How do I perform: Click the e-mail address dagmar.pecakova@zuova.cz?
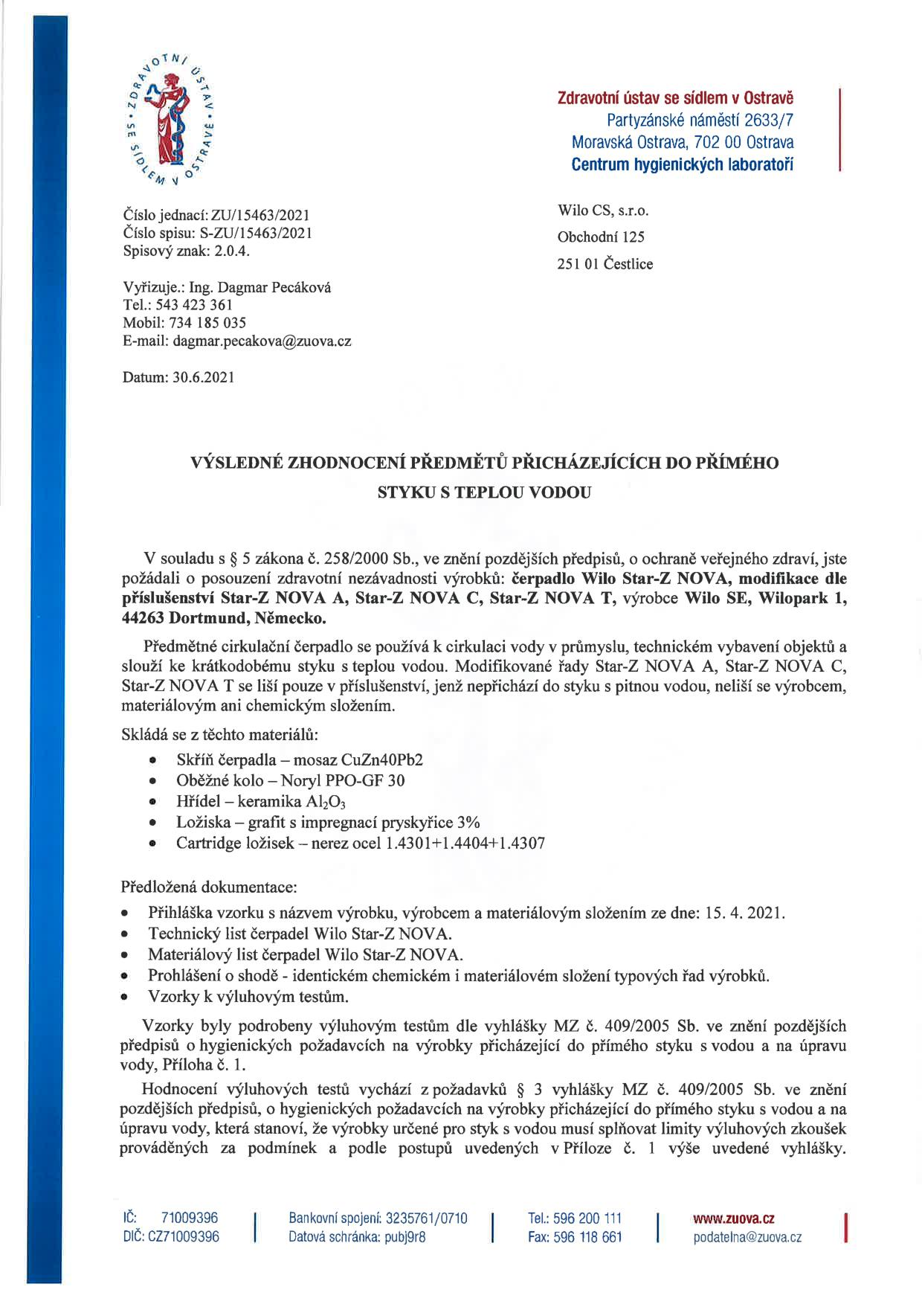click(x=262, y=341)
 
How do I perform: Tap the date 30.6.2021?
click(x=203, y=377)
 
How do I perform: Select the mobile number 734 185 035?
click(x=207, y=323)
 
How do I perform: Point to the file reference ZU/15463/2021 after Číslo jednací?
click(x=260, y=216)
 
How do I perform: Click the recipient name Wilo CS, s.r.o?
click(x=603, y=211)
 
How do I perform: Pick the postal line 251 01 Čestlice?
click(x=605, y=264)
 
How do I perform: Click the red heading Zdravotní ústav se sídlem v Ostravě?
click(x=675, y=98)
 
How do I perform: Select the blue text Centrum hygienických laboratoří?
click(x=682, y=164)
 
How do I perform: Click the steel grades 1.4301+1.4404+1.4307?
click(x=465, y=844)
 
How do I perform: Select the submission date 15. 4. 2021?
click(x=743, y=913)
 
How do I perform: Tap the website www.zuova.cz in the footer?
click(x=733, y=1218)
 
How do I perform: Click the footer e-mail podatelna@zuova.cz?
click(x=747, y=1237)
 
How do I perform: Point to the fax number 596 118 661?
click(x=587, y=1237)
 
